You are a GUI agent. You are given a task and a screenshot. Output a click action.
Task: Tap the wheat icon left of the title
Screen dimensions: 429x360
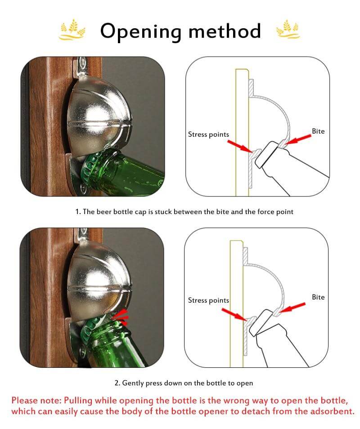click(72, 30)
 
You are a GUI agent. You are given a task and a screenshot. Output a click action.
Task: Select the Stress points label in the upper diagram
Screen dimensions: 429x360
click(208, 134)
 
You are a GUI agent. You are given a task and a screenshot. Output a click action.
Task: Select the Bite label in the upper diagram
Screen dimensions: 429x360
click(318, 131)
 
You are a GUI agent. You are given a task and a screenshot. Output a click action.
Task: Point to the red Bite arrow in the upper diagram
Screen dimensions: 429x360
click(299, 140)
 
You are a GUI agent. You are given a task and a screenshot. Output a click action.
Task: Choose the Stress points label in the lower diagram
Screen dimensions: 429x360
click(208, 300)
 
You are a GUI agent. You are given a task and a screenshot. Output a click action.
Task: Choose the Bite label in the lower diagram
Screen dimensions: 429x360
click(318, 297)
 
